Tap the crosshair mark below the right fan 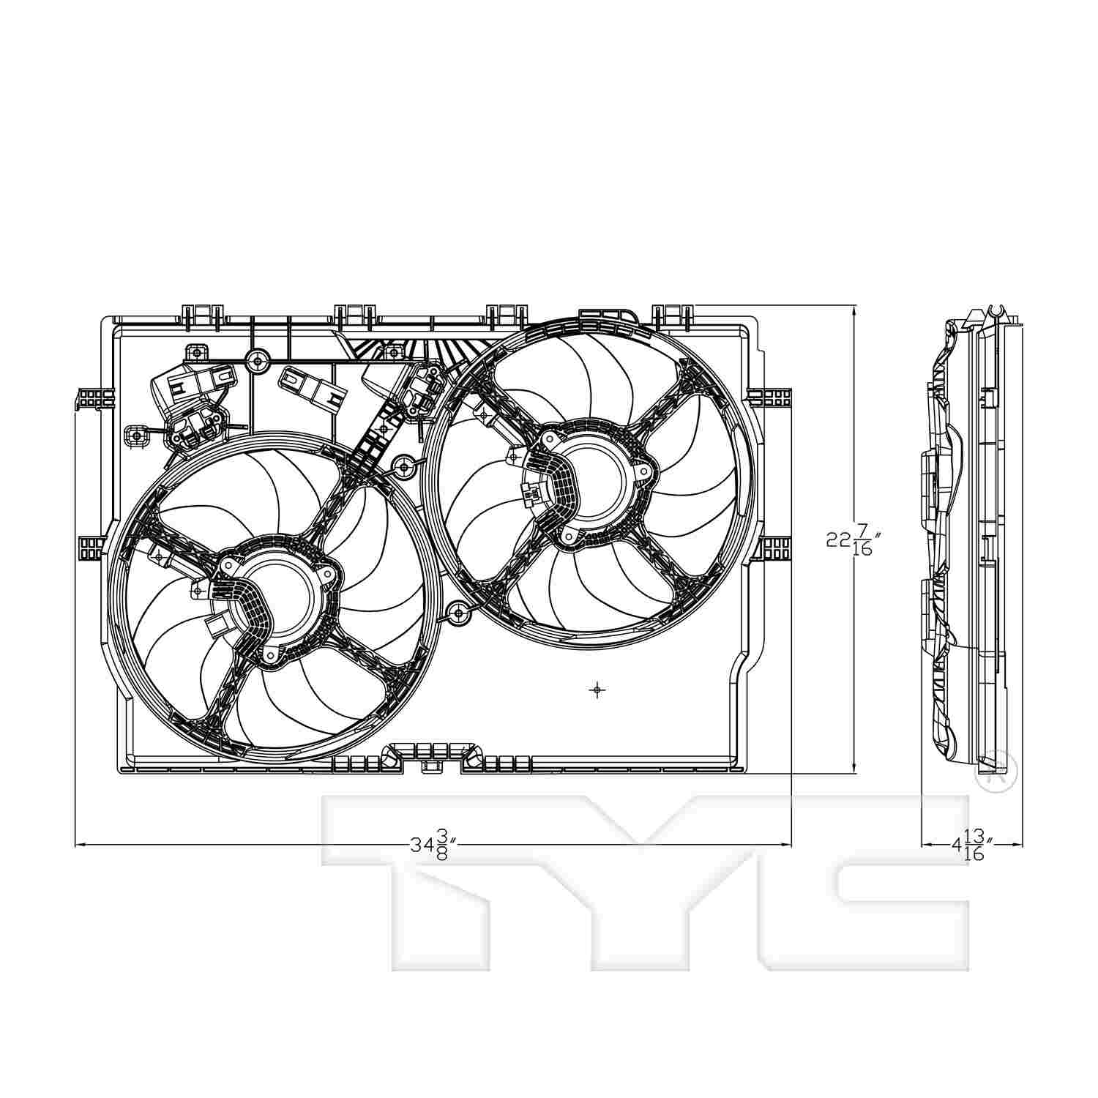598,690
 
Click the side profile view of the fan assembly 966,542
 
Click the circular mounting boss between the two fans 403,464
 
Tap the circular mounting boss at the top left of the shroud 256,359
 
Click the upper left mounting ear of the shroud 95,398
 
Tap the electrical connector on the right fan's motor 531,494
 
